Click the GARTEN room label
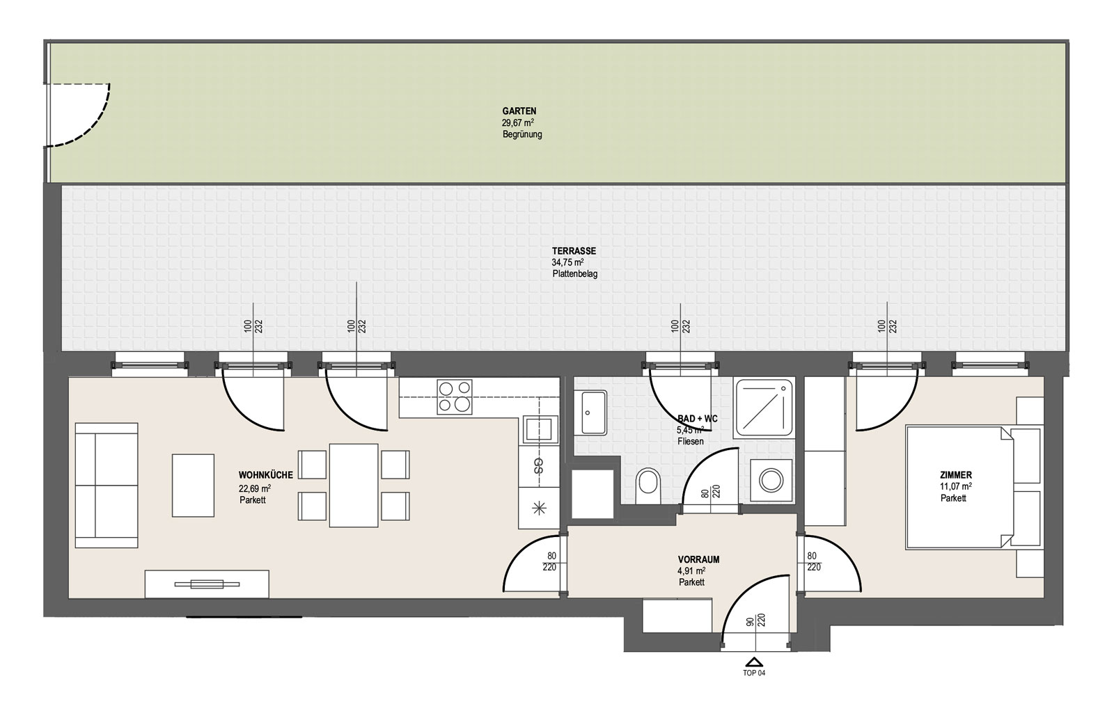519,111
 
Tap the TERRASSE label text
574,251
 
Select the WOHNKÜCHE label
265,475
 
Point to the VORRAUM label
698,560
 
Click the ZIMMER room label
956,475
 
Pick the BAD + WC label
697,419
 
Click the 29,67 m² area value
518,122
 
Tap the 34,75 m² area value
567,263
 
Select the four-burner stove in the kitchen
454,397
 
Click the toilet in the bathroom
648,486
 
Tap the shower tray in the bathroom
764,408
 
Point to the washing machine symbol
771,481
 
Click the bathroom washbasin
594,413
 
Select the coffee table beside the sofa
193,486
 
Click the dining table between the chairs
354,485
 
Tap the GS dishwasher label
538,465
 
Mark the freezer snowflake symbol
540,509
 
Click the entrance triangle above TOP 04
755,662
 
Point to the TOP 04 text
754,673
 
